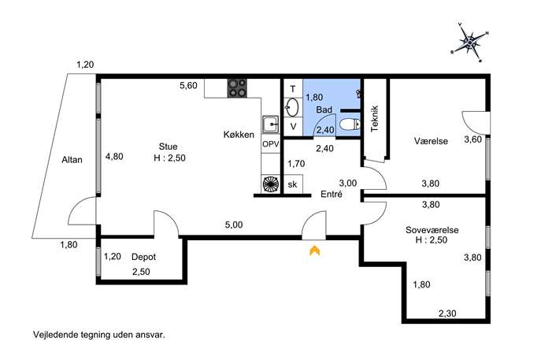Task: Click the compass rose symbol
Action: click(469, 43)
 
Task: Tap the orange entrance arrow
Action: click(314, 251)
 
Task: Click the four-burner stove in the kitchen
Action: click(237, 88)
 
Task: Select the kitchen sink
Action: click(270, 124)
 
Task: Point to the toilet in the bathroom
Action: click(350, 124)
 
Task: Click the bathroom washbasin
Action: click(293, 107)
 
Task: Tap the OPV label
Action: click(271, 144)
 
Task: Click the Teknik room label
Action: click(375, 118)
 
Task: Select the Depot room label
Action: click(144, 257)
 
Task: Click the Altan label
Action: click(72, 160)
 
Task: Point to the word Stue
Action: click(168, 147)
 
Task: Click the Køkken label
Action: click(239, 135)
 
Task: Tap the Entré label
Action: click(332, 194)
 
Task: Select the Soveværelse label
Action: click(432, 230)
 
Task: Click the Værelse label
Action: click(431, 141)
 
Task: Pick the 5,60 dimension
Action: click(188, 85)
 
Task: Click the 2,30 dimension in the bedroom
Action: click(447, 314)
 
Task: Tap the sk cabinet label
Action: click(292, 184)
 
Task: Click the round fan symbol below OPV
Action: click(270, 184)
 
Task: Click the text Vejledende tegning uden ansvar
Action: click(99, 335)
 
